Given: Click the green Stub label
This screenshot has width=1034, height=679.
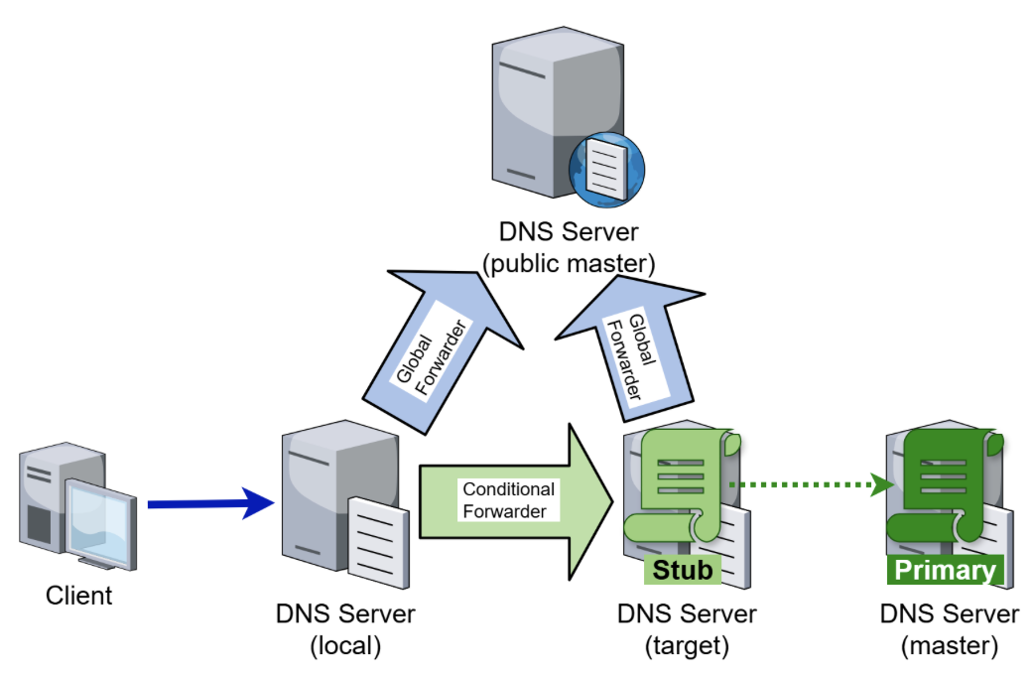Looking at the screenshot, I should click(682, 570).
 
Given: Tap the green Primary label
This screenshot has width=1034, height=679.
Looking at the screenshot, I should click(945, 570).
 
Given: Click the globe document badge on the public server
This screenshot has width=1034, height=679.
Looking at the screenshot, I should click(606, 168).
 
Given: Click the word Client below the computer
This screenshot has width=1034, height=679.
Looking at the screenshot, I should click(79, 596).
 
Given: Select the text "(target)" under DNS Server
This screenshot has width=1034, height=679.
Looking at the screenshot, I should click(687, 645).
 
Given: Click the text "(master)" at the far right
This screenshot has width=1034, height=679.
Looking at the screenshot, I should click(950, 645).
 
